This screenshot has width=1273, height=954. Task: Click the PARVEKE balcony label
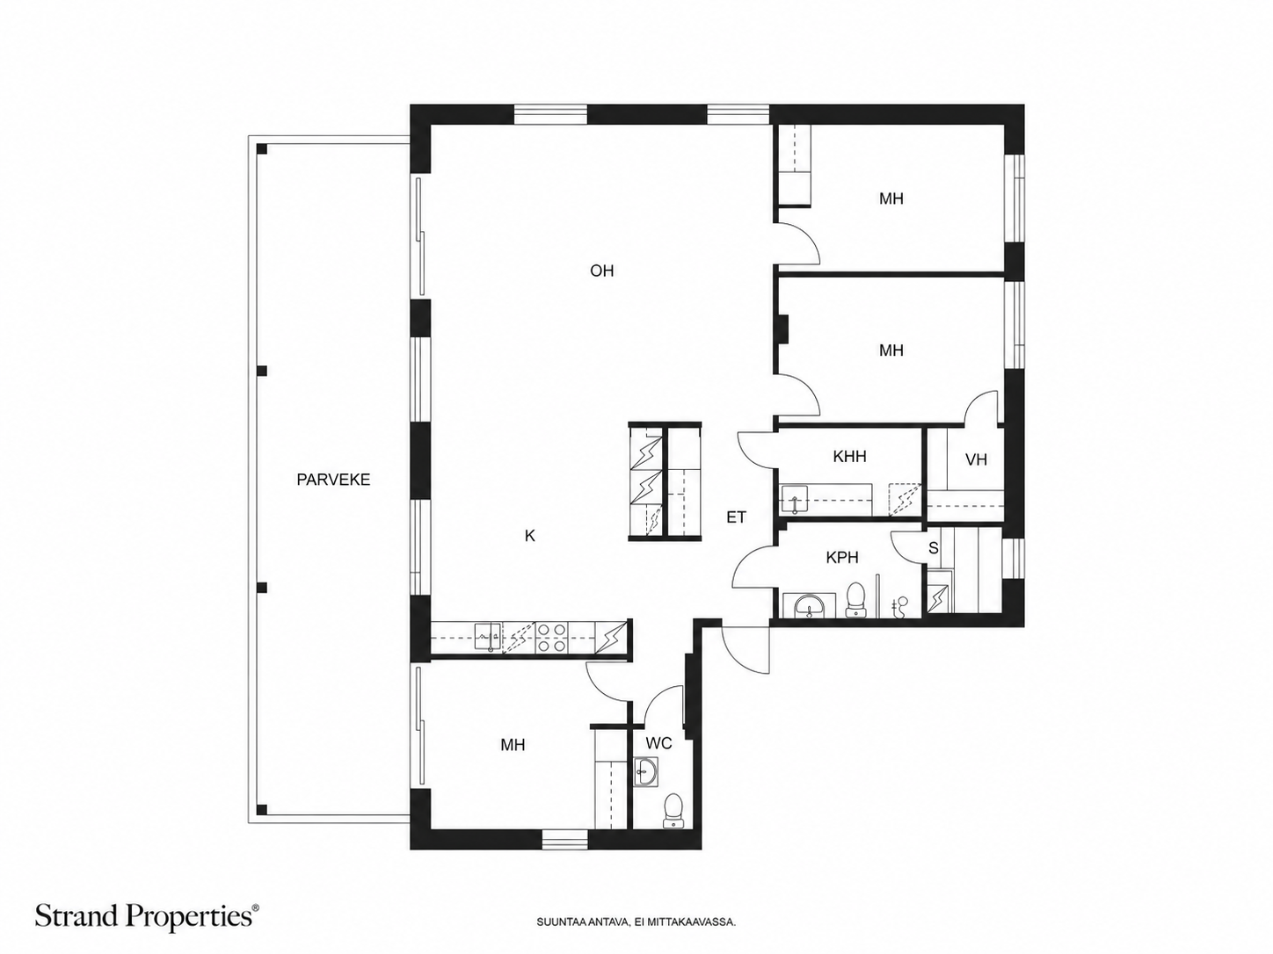click(x=333, y=480)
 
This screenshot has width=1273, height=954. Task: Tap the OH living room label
click(x=601, y=271)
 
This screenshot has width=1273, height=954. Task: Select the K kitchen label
click(x=529, y=536)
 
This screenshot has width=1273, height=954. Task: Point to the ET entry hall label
click(x=736, y=517)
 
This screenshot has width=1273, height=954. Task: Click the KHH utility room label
click(x=849, y=457)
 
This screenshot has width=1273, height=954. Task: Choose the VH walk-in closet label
click(x=976, y=460)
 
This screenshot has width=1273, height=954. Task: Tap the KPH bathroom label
click(x=842, y=558)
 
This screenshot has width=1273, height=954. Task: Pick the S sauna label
click(x=933, y=548)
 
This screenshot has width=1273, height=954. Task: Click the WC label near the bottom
click(x=658, y=743)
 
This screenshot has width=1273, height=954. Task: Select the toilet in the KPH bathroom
click(x=855, y=599)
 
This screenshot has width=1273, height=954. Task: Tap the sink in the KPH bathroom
click(x=810, y=606)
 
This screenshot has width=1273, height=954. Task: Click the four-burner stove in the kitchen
click(x=551, y=637)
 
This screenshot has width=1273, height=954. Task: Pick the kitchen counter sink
click(x=488, y=637)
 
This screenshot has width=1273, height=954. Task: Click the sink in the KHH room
click(x=794, y=499)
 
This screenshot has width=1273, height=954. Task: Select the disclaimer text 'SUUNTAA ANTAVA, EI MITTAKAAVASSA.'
click(x=636, y=921)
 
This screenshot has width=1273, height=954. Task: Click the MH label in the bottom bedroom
click(x=513, y=745)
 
